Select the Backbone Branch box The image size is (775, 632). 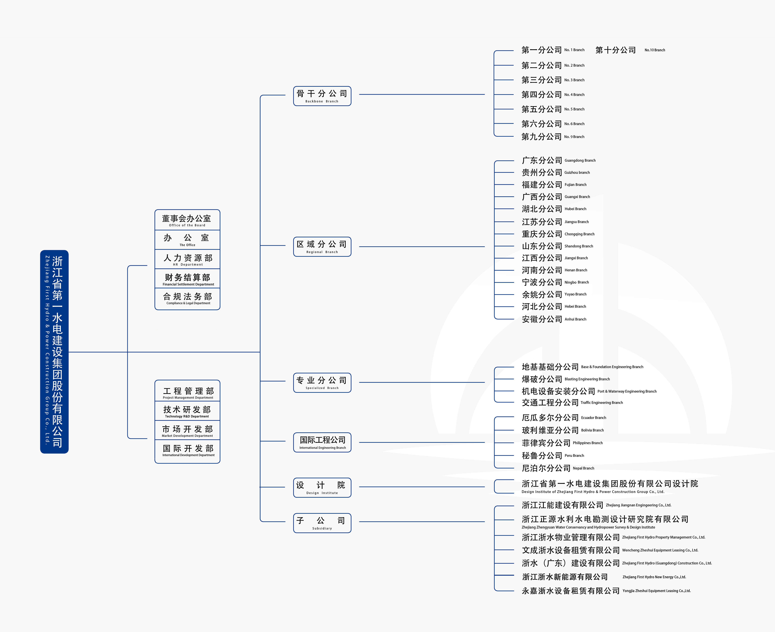click(322, 96)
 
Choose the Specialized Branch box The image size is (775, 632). click(322, 383)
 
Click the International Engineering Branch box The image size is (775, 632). click(322, 442)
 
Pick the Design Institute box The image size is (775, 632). click(322, 488)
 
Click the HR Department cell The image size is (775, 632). click(187, 259)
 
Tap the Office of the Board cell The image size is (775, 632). click(187, 220)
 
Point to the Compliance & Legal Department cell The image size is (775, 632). click(187, 299)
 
